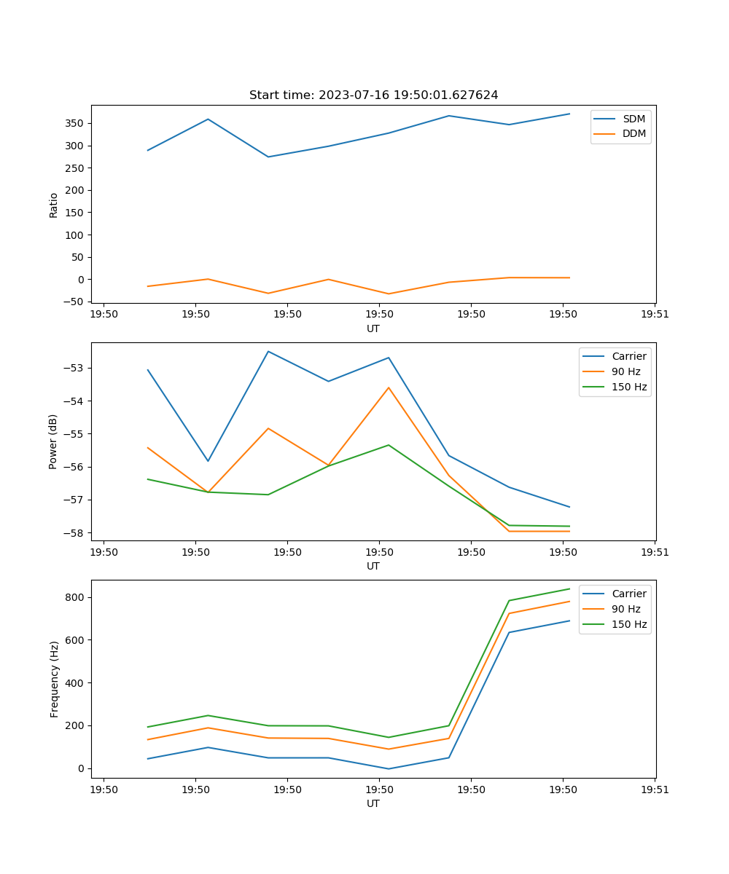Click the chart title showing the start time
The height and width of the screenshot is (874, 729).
(x=373, y=95)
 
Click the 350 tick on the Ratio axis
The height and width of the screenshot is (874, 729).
(x=76, y=123)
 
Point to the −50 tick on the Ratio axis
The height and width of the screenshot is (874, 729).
(x=74, y=302)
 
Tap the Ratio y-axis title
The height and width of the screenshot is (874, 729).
(x=54, y=204)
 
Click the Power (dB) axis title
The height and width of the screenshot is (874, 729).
(x=53, y=441)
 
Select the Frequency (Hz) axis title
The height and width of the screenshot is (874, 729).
(x=54, y=679)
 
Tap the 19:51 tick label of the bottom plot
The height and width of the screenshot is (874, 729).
(x=655, y=790)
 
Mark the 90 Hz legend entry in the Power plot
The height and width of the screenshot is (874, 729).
(x=625, y=371)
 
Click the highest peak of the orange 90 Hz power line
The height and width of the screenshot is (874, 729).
(x=389, y=387)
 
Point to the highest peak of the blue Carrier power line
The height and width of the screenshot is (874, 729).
(x=268, y=351)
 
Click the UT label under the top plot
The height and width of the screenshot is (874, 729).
(x=373, y=328)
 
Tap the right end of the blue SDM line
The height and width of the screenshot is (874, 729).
(x=569, y=114)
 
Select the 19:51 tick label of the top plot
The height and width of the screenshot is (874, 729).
(x=655, y=315)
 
